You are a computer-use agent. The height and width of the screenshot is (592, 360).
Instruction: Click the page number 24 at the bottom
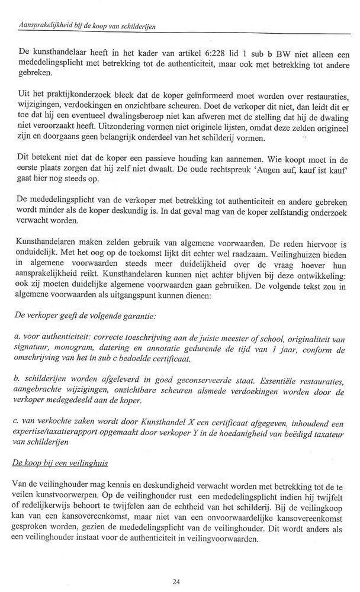tap(176, 581)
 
